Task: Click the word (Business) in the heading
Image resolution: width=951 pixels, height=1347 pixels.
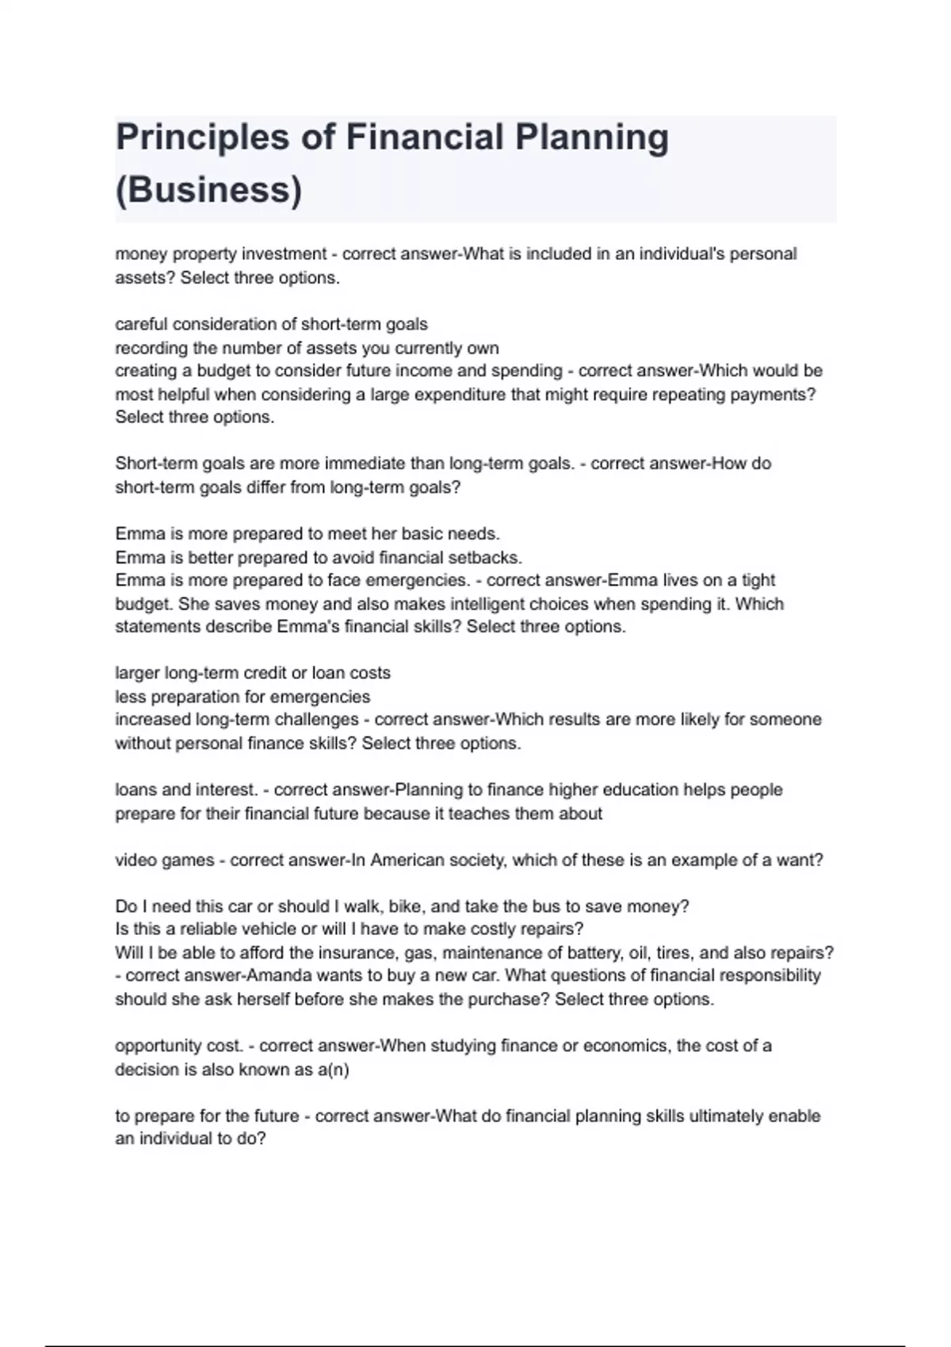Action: coord(209,190)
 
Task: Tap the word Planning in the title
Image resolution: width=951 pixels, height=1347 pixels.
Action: coord(593,138)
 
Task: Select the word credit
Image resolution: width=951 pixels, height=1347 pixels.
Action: coord(288,673)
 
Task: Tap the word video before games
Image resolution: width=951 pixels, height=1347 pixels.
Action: coord(136,860)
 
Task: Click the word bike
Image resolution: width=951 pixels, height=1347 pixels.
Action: coord(405,906)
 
